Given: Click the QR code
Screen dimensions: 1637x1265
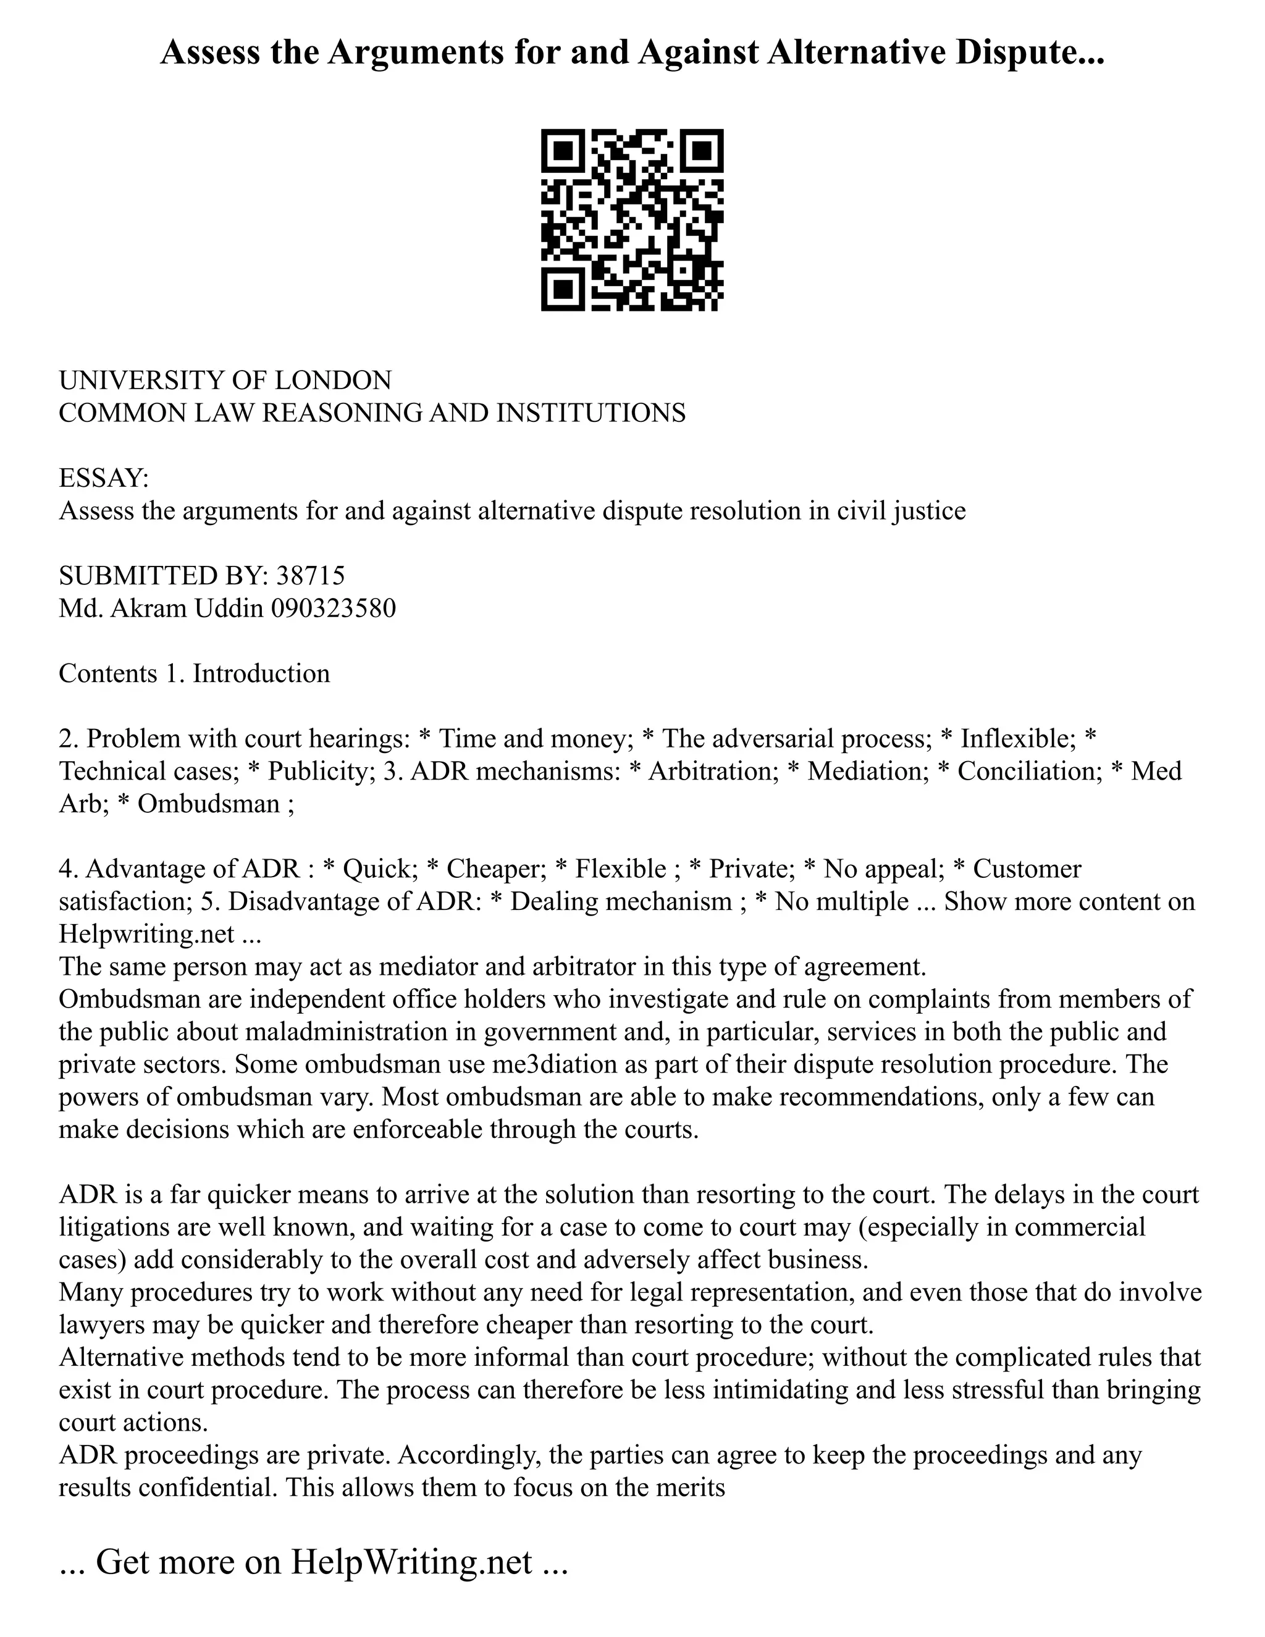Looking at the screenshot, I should pyautogui.click(x=632, y=220).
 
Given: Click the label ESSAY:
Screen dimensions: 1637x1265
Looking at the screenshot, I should pyautogui.click(x=104, y=478).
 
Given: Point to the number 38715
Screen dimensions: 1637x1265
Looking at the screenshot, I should pyautogui.click(x=310, y=576).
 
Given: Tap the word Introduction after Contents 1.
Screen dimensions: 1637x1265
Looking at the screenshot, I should pyautogui.click(x=261, y=673).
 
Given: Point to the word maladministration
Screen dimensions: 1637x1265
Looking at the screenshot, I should pyautogui.click(x=347, y=1032).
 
